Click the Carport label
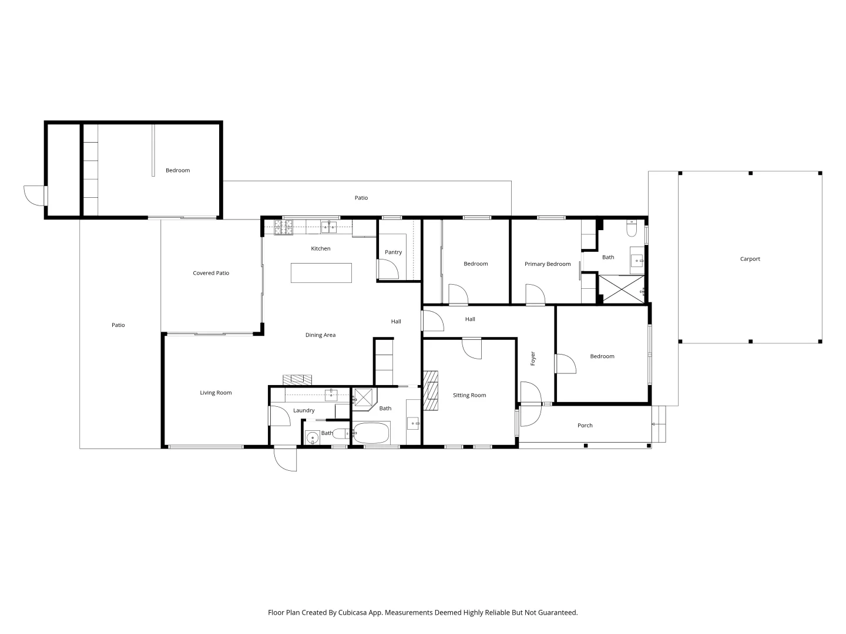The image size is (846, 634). click(750, 259)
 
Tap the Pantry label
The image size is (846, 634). click(393, 252)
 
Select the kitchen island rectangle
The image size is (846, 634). click(321, 273)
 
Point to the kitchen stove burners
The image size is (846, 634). click(283, 227)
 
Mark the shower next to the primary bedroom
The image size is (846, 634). click(621, 289)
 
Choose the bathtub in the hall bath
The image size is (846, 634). click(371, 434)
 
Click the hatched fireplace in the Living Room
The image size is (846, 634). click(298, 379)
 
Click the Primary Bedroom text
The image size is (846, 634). click(548, 264)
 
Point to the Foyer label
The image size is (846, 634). click(533, 359)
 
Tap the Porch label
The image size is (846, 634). click(585, 426)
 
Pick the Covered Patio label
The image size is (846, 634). click(211, 273)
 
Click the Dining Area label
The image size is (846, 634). click(320, 335)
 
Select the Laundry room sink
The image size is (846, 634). click(331, 394)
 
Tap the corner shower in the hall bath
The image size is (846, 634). click(364, 397)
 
